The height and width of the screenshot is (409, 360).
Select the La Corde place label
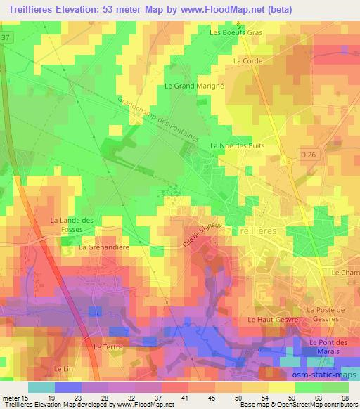pos(247,61)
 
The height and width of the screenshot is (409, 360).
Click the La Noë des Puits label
pos(236,145)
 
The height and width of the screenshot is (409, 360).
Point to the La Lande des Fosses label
pos(72,225)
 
